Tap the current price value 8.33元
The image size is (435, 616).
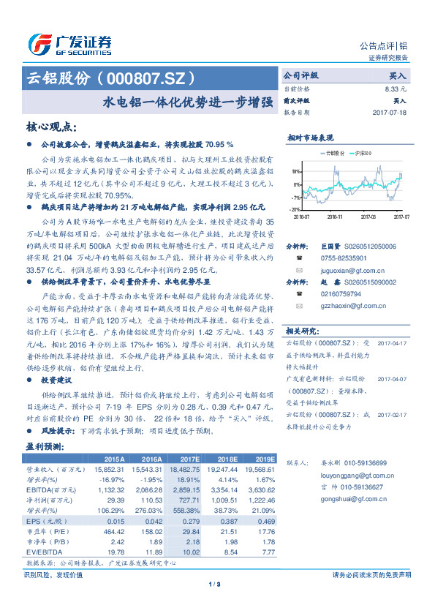click(396, 88)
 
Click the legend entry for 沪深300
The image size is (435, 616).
click(363, 153)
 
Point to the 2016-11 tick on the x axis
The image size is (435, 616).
click(335, 217)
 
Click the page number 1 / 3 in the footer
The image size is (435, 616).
click(214, 585)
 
